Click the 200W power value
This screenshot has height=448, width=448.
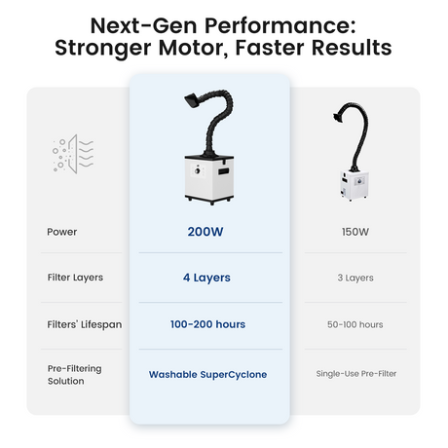pyautogui.click(x=205, y=232)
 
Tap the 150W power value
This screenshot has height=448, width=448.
pyautogui.click(x=355, y=232)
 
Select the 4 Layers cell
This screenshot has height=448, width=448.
pyautogui.click(x=206, y=278)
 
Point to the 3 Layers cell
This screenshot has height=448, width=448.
pyautogui.click(x=355, y=278)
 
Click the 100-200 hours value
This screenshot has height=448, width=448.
pyautogui.click(x=207, y=324)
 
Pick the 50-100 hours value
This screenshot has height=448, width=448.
pyautogui.click(x=355, y=324)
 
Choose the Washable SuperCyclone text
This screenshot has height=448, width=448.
pyautogui.click(x=207, y=375)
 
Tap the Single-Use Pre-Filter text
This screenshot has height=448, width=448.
pyautogui.click(x=356, y=374)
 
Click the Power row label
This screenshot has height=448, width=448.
pyautogui.click(x=62, y=232)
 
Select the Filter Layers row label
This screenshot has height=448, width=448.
pyautogui.click(x=75, y=278)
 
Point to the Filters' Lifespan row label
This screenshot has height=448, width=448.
pyautogui.click(x=85, y=324)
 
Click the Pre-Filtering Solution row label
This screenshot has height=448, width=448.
pyautogui.click(x=75, y=375)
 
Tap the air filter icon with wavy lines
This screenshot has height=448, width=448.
pyautogui.click(x=73, y=154)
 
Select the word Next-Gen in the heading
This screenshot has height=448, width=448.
pyautogui.click(x=144, y=25)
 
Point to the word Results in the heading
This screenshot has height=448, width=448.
pyautogui.click(x=352, y=48)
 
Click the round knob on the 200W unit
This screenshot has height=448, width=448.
pyautogui.click(x=197, y=170)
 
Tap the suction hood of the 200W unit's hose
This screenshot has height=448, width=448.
pyautogui.click(x=193, y=100)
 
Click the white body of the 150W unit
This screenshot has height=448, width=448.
pyautogui.click(x=355, y=184)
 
